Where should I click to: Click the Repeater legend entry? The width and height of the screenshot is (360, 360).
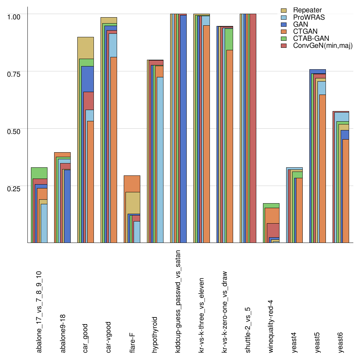click(307, 10)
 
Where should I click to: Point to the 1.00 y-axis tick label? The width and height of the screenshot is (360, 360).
click(14, 17)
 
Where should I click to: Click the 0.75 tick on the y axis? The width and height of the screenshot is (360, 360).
click(14, 74)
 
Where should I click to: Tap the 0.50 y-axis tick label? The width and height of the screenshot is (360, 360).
click(14, 131)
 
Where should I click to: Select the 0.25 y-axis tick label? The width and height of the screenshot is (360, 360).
click(14, 188)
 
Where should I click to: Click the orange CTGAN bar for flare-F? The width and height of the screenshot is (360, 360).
click(132, 183)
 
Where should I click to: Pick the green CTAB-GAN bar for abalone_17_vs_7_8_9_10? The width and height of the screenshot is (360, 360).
click(39, 173)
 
